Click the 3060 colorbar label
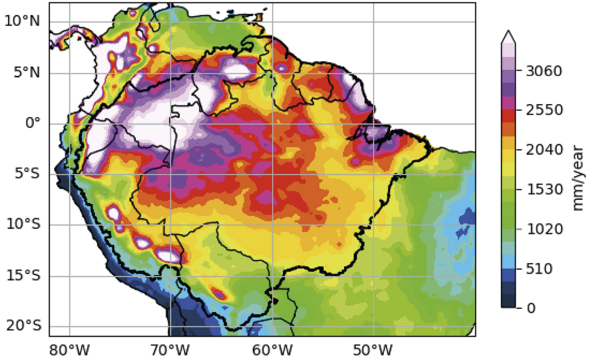(543, 71)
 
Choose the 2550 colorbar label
(543, 110)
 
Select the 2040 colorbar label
(543, 150)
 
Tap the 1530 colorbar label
(543, 189)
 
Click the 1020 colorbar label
(543, 229)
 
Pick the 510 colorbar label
(539, 269)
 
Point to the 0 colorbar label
(531, 308)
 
